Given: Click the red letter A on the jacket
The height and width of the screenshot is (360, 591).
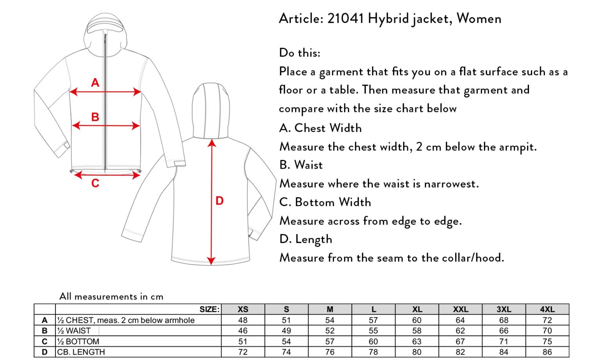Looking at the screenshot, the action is pyautogui.click(x=95, y=82).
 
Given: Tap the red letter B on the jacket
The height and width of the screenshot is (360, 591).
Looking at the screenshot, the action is pyautogui.click(x=95, y=117).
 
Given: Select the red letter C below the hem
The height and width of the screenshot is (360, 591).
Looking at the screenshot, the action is pyautogui.click(x=95, y=183).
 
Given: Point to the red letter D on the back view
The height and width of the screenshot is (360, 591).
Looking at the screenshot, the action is pyautogui.click(x=219, y=201).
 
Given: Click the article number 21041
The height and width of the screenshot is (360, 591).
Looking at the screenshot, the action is pyautogui.click(x=346, y=19).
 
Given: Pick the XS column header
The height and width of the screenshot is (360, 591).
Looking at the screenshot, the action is pyautogui.click(x=243, y=309).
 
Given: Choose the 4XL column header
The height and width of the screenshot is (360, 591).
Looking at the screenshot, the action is pyautogui.click(x=547, y=309).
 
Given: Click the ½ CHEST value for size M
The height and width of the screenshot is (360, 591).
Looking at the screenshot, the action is pyautogui.click(x=330, y=320).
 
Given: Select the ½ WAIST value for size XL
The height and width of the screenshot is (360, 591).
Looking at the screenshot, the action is pyautogui.click(x=417, y=331).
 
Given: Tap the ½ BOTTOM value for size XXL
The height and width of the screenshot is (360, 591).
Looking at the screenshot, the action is pyautogui.click(x=460, y=342).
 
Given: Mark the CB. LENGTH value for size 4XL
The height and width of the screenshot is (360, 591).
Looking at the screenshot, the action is pyautogui.click(x=547, y=352).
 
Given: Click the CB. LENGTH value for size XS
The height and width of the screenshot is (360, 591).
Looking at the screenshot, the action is pyautogui.click(x=243, y=352).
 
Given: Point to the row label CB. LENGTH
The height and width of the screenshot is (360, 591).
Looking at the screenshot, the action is pyautogui.click(x=81, y=352).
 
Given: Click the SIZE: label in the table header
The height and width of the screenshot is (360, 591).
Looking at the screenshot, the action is pyautogui.click(x=209, y=309).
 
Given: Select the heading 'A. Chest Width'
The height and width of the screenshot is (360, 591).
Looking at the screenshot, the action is pyautogui.click(x=320, y=128).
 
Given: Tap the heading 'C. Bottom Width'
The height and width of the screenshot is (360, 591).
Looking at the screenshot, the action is pyautogui.click(x=325, y=202).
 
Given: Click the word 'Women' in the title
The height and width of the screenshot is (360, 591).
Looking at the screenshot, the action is pyautogui.click(x=479, y=19).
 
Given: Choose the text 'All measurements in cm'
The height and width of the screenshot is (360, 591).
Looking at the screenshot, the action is pyautogui.click(x=111, y=297).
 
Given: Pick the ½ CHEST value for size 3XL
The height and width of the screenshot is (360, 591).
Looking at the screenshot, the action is pyautogui.click(x=504, y=320).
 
